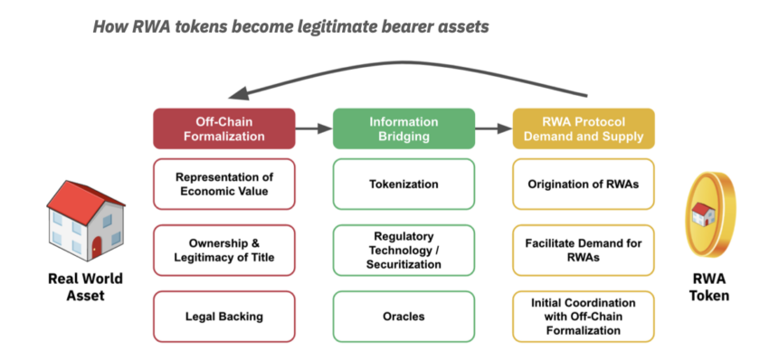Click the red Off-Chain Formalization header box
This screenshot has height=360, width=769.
pos(224,128)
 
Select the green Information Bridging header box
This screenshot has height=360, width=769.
pos(403,128)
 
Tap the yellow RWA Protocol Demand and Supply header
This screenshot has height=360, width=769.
pos(584,128)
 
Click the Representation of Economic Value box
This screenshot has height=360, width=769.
pos(224,184)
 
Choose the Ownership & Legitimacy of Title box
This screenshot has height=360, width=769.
pos(224,251)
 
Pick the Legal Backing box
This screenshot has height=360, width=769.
pos(224,317)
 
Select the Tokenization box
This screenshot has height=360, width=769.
pos(403,184)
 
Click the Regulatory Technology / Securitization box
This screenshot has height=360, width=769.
pos(403,251)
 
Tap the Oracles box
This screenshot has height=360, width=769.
pos(403,317)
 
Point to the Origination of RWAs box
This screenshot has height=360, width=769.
pos(584,184)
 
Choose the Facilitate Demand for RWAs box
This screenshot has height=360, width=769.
pos(584,251)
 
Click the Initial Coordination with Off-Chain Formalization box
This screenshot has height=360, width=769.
pos(584,317)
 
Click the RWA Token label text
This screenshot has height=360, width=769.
pos(710,287)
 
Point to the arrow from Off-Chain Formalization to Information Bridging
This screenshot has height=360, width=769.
pos(314,128)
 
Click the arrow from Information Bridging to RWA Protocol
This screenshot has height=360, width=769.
pos(493,128)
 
